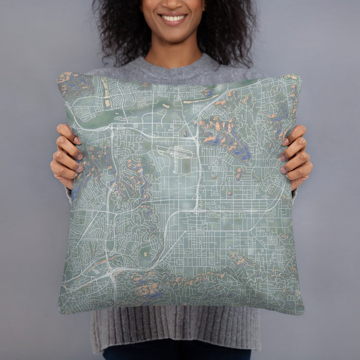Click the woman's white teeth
point(173,18)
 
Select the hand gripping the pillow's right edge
point(296,154)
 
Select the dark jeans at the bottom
point(175,354)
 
